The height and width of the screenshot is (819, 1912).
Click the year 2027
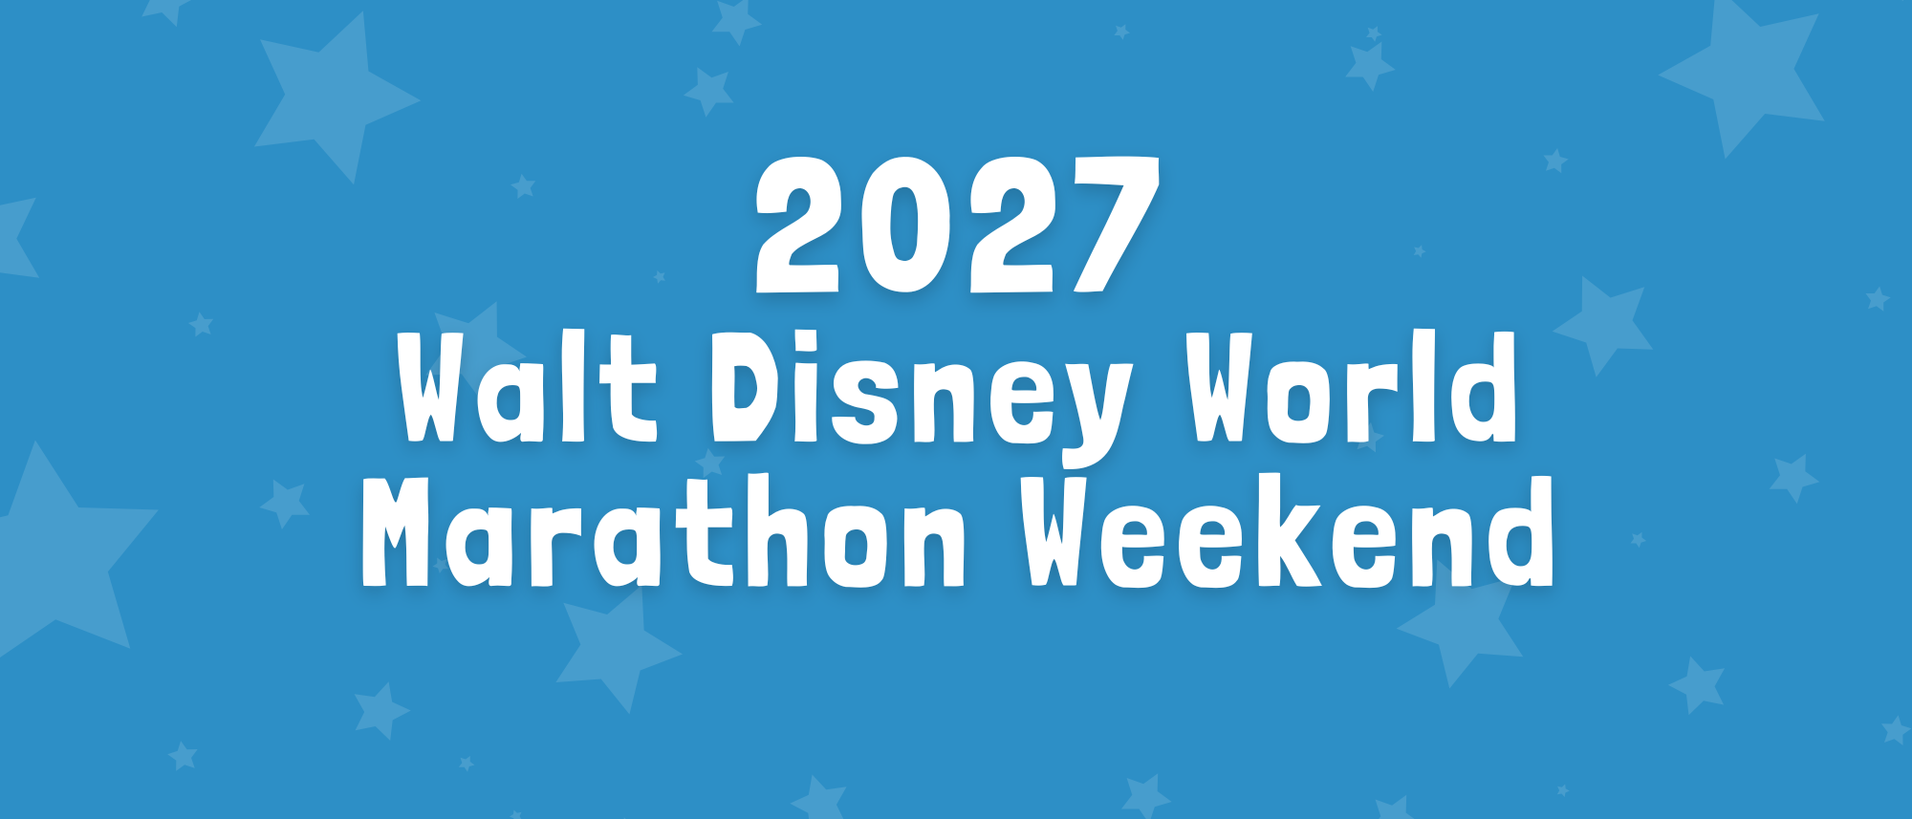[958, 225]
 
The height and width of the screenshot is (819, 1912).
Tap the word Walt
[528, 388]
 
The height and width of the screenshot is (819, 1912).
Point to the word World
[1352, 387]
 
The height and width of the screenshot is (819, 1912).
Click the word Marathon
[663, 531]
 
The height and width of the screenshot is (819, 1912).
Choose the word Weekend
[1288, 531]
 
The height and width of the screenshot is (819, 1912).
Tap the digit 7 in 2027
[1114, 225]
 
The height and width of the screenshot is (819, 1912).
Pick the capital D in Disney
[749, 387]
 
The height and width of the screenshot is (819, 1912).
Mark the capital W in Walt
[435, 388]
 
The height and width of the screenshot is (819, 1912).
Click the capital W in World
[1225, 387]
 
